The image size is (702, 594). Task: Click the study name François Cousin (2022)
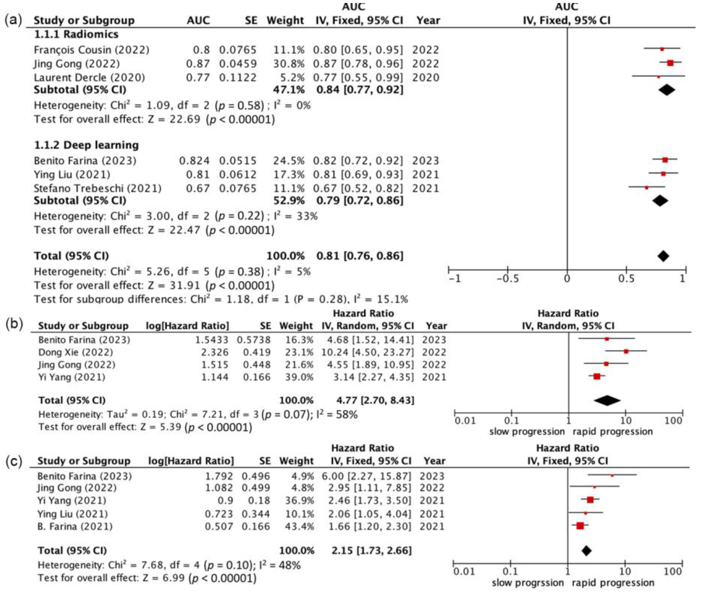[91, 50]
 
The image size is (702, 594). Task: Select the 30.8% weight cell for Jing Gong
[288, 64]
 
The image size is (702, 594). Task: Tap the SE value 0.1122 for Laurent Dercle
[238, 77]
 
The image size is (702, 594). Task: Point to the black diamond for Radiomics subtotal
[667, 90]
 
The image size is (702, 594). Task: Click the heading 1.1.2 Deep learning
[86, 145]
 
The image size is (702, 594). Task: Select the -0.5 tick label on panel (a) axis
[507, 279]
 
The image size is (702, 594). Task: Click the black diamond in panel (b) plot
[607, 400]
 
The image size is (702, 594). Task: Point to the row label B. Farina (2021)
[75, 526]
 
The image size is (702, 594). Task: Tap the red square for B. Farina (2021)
[580, 526]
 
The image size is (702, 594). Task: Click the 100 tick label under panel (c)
[673, 572]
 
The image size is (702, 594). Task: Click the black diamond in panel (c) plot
[587, 551]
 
